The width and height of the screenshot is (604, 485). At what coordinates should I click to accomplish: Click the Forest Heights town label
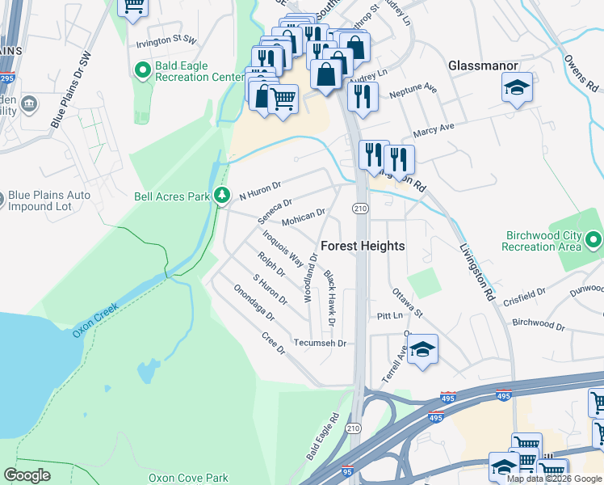tap(363, 246)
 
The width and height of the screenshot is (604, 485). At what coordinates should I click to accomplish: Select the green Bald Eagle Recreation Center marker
tap(143, 71)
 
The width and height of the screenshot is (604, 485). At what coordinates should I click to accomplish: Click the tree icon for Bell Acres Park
tap(221, 196)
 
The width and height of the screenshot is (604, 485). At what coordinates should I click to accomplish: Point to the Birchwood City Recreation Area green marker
tap(594, 240)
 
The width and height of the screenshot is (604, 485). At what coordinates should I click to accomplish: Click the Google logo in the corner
tap(27, 475)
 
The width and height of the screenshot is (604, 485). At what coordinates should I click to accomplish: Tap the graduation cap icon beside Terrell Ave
tap(422, 350)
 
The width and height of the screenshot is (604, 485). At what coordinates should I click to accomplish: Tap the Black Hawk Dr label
tap(329, 299)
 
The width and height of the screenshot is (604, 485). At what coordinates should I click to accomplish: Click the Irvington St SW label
tap(166, 39)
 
